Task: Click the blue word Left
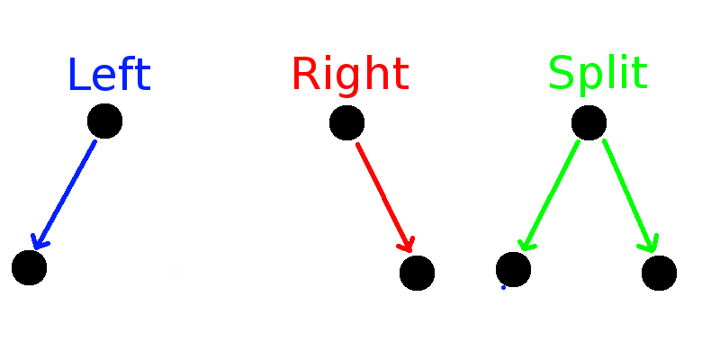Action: pyautogui.click(x=108, y=76)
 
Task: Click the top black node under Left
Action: pyautogui.click(x=104, y=121)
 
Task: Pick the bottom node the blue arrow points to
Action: pyautogui.click(x=29, y=267)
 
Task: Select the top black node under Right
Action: pyautogui.click(x=346, y=122)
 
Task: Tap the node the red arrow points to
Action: pyautogui.click(x=417, y=273)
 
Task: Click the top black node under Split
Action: pyautogui.click(x=589, y=122)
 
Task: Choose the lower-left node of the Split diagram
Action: pyautogui.click(x=513, y=268)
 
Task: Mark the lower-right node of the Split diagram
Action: pyautogui.click(x=659, y=273)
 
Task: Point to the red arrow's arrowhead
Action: pyautogui.click(x=408, y=246)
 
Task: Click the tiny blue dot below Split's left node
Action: pyautogui.click(x=503, y=287)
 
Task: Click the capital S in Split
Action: pyautogui.click(x=562, y=74)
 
